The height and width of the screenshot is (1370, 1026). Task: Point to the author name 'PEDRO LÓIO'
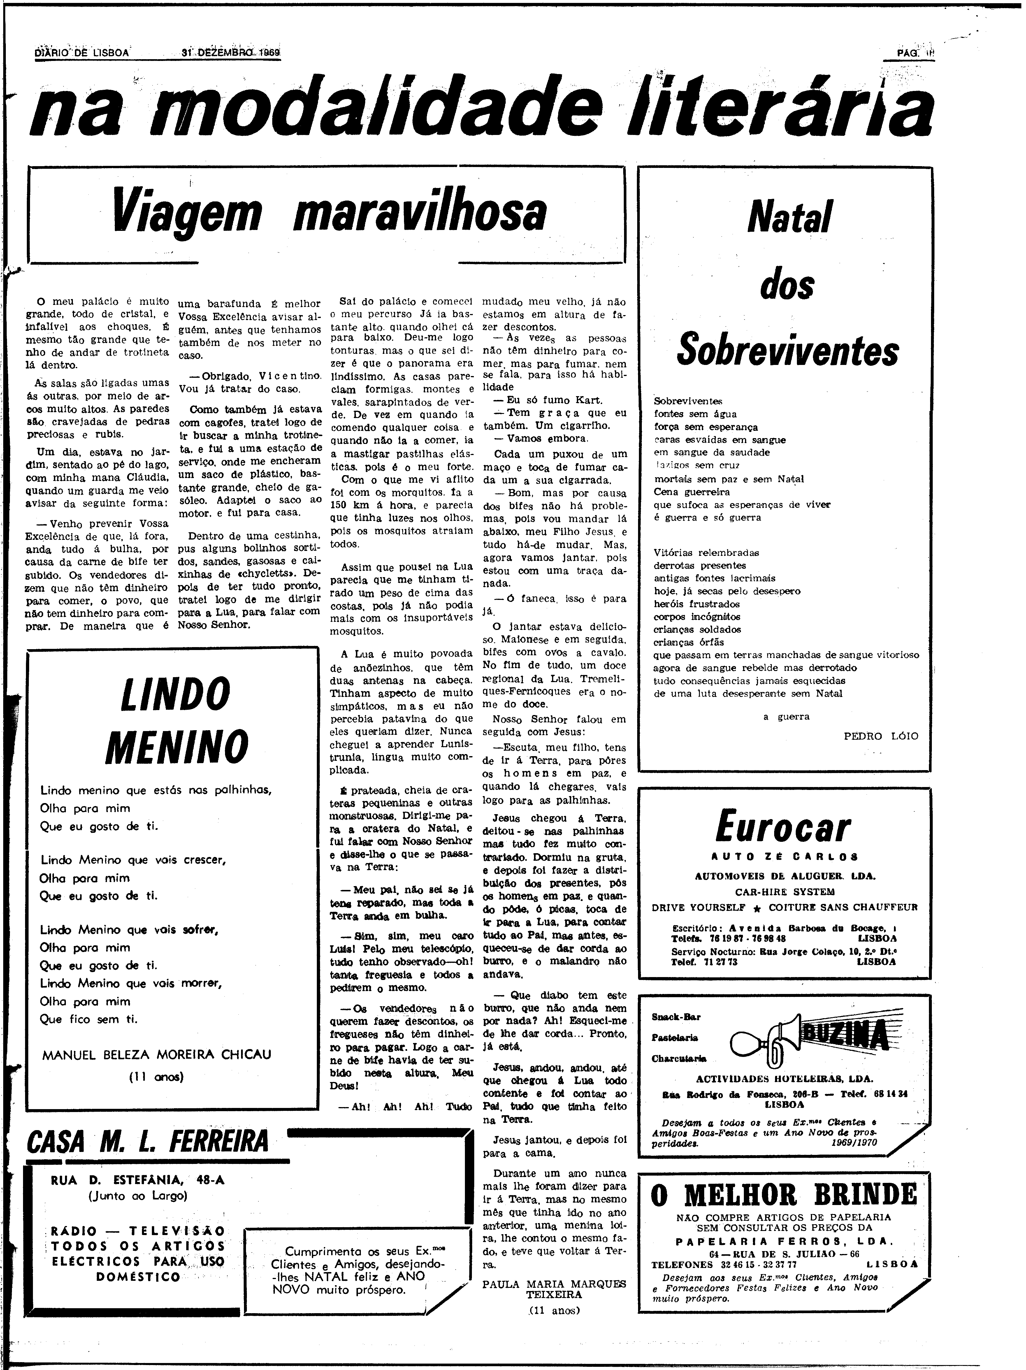(x=881, y=736)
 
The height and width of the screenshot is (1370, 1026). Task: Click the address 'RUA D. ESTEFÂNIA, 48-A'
(x=138, y=1181)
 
